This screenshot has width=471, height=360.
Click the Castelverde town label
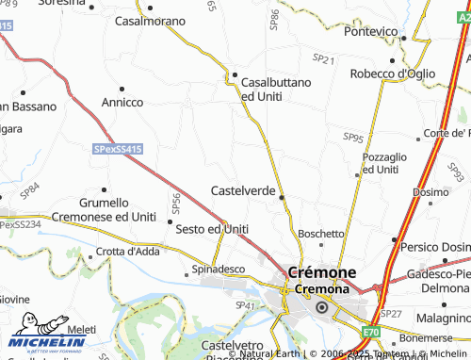click(x=242, y=190)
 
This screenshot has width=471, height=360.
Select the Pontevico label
click(x=370, y=31)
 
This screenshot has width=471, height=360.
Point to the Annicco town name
click(x=122, y=102)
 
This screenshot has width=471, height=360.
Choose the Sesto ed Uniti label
click(x=212, y=229)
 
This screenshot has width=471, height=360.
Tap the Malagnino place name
click(x=440, y=319)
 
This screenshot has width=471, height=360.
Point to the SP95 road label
click(x=353, y=138)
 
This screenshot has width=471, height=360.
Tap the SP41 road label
click(x=246, y=306)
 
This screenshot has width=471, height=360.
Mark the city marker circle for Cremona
click(x=321, y=307)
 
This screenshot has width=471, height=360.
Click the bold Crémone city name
click(x=321, y=272)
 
